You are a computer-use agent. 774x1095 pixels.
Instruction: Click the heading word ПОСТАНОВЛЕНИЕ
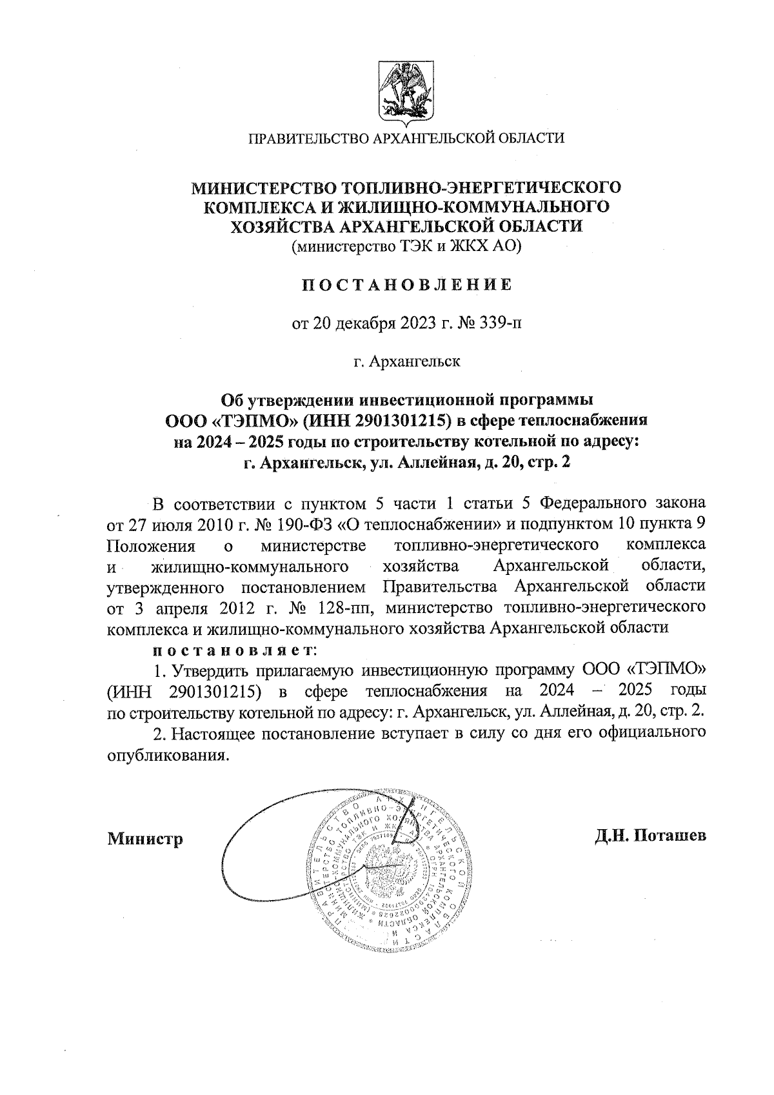407,285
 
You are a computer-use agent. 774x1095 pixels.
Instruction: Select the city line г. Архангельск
407,361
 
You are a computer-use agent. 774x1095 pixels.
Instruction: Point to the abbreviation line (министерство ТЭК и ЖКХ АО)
406,246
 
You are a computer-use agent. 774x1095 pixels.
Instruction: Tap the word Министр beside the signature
145,839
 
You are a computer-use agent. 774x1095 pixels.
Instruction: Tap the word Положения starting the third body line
150,545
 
